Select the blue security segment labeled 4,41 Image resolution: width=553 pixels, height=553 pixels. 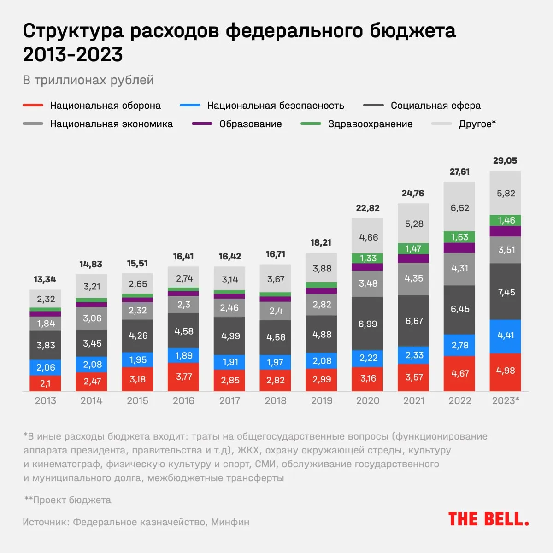click(x=505, y=336)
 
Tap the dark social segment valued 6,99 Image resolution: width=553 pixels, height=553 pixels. click(x=367, y=324)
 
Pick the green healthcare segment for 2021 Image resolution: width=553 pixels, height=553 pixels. click(x=413, y=249)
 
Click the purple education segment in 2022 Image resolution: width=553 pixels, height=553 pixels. click(x=459, y=248)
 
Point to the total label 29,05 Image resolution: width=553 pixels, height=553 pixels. click(x=505, y=161)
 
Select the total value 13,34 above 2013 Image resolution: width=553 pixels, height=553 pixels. click(x=45, y=279)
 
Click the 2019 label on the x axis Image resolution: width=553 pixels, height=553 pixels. click(x=322, y=401)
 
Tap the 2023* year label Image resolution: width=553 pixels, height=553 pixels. click(x=506, y=401)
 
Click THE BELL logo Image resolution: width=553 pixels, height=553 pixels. click(x=488, y=519)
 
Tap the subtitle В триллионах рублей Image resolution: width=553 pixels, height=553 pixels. click(x=88, y=80)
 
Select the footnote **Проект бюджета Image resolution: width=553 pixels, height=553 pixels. click(x=68, y=500)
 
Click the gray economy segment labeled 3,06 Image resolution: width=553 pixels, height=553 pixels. click(x=91, y=318)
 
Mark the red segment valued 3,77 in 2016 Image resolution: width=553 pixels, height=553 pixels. click(x=183, y=377)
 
